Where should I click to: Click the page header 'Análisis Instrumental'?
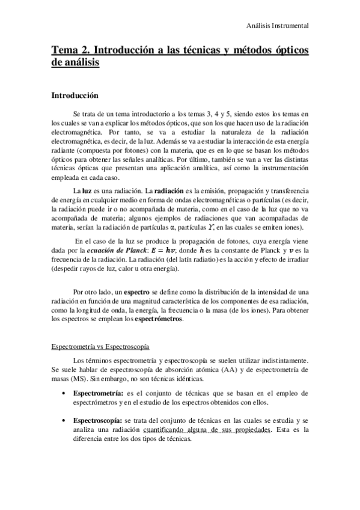(x=278, y=26)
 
